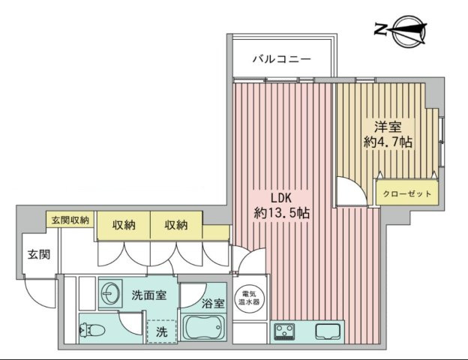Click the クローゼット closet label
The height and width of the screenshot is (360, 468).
tap(407, 194)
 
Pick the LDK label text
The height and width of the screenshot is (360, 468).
tap(280, 197)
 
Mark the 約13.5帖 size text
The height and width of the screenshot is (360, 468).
tap(282, 214)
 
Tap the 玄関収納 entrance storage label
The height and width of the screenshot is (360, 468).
tap(70, 220)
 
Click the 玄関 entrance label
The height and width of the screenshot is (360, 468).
tap(39, 255)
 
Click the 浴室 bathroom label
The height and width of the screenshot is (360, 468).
tap(213, 304)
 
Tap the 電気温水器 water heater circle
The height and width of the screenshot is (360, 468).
tap(247, 296)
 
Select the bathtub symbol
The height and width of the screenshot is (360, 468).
tap(205, 328)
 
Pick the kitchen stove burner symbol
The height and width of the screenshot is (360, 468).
tap(285, 331)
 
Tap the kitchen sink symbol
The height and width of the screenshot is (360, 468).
tap(328, 331)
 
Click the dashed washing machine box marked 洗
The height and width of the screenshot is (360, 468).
tap(161, 330)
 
